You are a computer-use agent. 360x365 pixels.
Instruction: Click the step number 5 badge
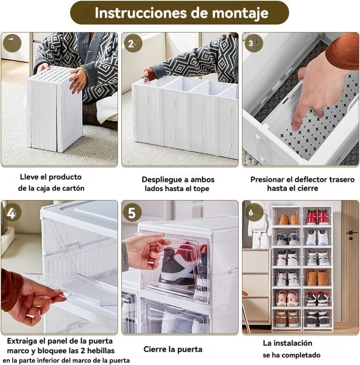(132, 213)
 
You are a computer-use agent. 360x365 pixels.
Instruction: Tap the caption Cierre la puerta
(173, 349)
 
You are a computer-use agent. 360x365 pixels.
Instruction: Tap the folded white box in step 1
(55, 109)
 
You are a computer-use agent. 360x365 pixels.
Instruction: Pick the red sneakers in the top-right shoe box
(317, 217)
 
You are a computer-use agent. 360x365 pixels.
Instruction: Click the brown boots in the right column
(317, 278)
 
